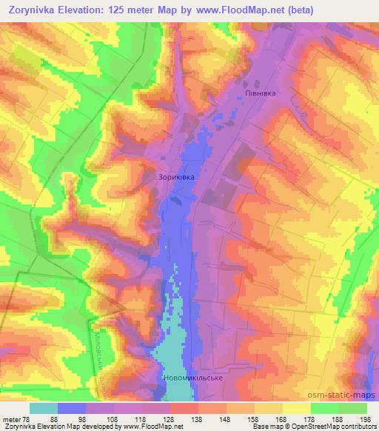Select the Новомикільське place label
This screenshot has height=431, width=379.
[x=192, y=378]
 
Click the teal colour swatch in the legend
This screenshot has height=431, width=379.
[x=44, y=407]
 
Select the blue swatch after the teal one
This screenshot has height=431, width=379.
[x=72, y=407]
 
